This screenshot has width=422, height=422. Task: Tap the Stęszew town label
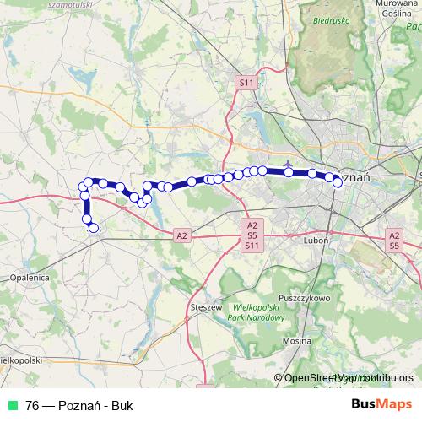206,308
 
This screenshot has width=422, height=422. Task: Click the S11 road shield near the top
246,83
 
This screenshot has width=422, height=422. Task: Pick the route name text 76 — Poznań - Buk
79,404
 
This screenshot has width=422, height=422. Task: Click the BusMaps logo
381,403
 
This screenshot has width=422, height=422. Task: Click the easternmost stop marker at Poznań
338,182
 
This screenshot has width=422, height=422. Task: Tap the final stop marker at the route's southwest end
94,227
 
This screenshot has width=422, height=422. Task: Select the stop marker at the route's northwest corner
88,182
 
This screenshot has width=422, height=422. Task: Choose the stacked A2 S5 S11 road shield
252,235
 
